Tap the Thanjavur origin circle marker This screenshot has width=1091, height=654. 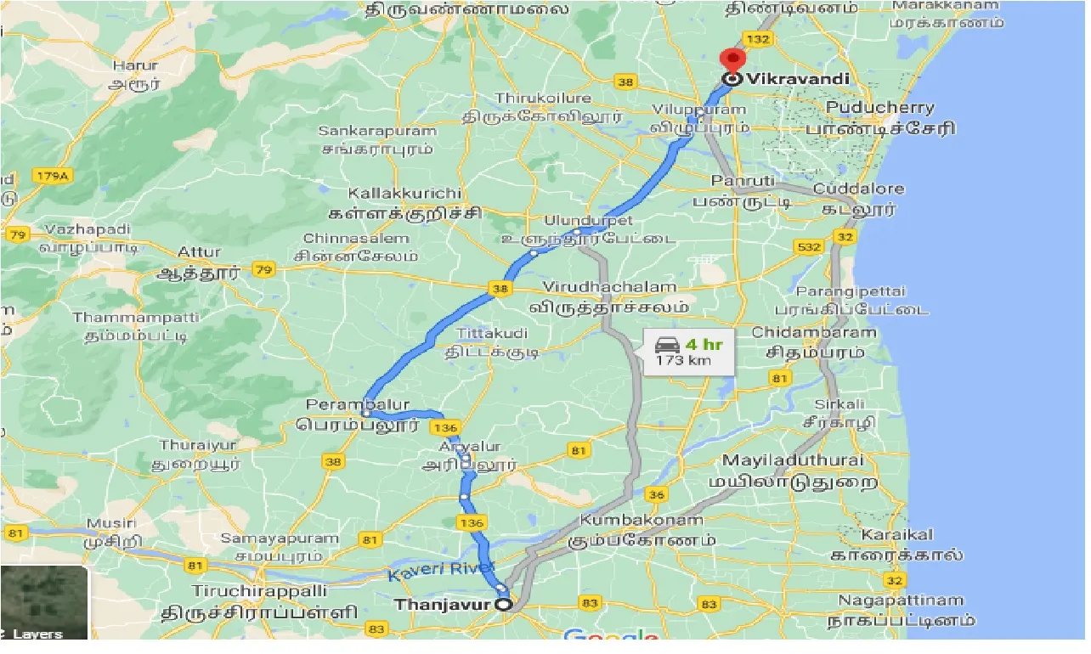[x=504, y=605]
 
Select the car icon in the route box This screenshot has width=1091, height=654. [x=667, y=345]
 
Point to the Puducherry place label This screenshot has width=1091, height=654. [x=879, y=108]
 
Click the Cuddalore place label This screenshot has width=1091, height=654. [x=858, y=189]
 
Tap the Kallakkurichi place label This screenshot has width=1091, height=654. [x=404, y=194]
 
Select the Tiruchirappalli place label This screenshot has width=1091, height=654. [x=258, y=590]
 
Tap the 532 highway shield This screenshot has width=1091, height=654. [x=810, y=245]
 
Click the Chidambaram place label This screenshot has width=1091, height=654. [x=813, y=331]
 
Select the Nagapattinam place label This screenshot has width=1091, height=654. [x=902, y=600]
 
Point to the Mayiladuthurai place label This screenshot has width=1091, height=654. [x=792, y=460]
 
